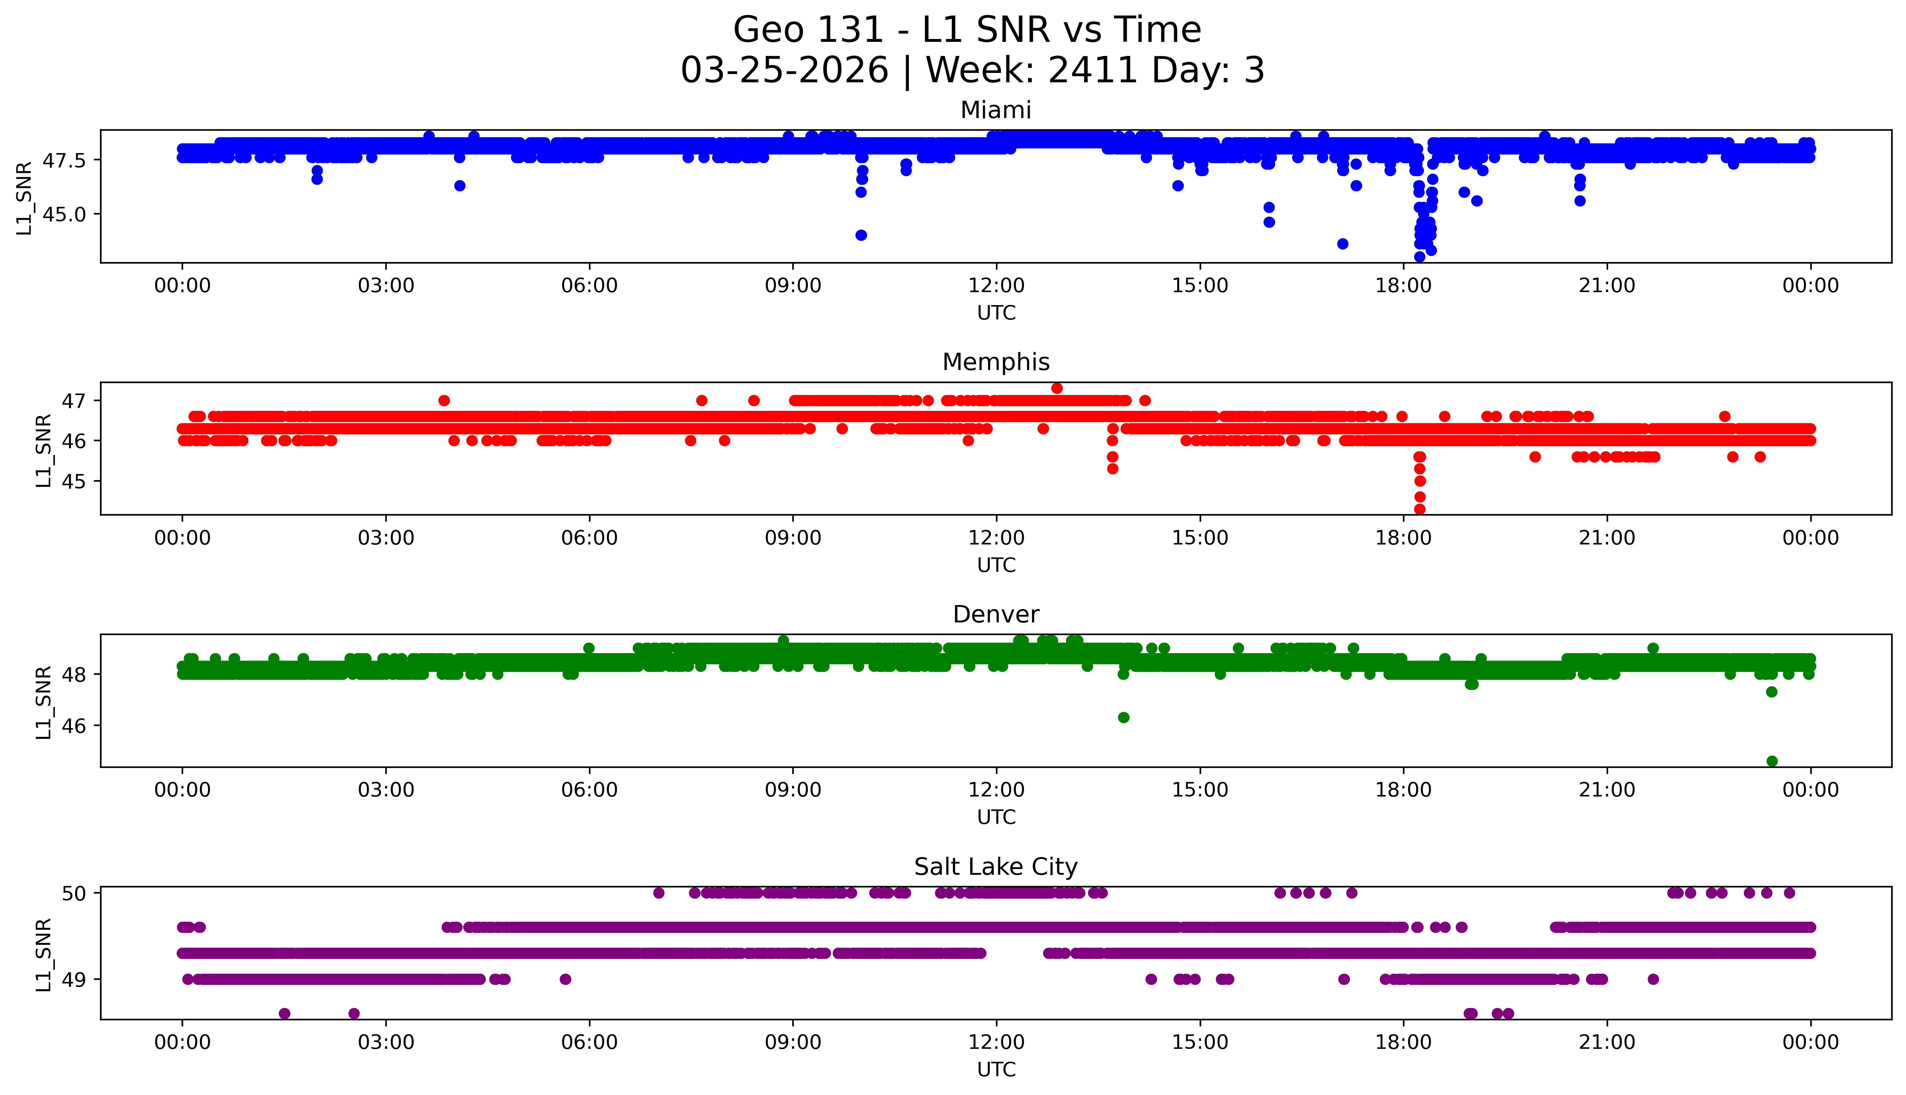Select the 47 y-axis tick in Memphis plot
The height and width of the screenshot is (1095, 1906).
coord(74,401)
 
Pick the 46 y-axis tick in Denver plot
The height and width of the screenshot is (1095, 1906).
coord(74,726)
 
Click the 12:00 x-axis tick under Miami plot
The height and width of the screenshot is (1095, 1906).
coord(996,286)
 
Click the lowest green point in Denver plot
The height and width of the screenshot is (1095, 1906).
coord(1771,761)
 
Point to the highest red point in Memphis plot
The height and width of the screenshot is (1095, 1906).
coord(1057,388)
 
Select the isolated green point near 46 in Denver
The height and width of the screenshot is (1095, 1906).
coord(1123,717)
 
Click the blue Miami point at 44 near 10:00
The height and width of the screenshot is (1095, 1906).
coord(861,235)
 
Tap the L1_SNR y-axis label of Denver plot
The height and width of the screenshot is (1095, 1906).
coord(44,702)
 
